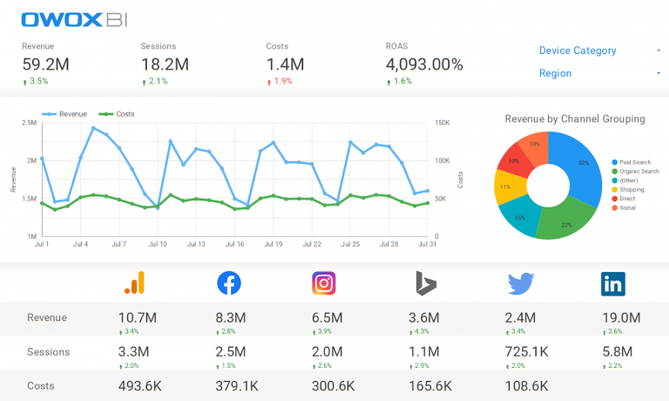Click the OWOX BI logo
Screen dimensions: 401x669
coord(67,18)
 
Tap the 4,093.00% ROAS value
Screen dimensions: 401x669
coord(424,64)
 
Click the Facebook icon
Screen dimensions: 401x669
coord(229,282)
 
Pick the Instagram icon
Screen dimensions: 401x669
coord(324,282)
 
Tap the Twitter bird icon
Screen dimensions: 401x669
coord(522,282)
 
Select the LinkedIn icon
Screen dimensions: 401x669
coord(612,282)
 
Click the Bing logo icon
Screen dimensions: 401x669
coord(425,282)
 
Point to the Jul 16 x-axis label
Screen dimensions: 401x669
coord(233,244)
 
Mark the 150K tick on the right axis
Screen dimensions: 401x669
coord(442,124)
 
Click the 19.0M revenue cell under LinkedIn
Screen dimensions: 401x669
coord(621,318)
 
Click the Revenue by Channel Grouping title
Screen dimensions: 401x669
coord(575,119)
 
